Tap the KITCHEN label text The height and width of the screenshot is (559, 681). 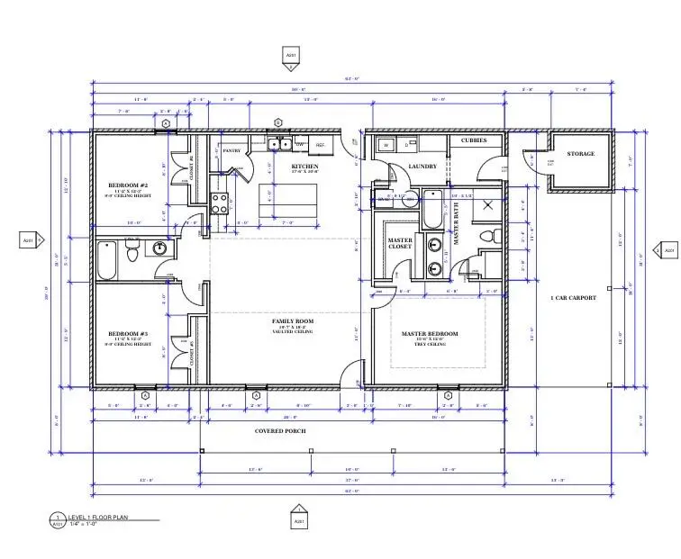304,167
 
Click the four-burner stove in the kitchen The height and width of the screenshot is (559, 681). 219,203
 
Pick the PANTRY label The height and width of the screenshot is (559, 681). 232,151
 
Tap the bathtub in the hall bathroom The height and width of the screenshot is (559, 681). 106,262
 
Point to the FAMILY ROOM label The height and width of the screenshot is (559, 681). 292,321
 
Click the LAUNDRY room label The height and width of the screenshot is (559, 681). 422,167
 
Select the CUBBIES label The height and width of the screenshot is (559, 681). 475,140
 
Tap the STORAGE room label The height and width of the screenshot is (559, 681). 581,154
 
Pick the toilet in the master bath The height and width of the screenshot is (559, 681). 489,236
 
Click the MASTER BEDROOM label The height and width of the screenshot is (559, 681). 429,334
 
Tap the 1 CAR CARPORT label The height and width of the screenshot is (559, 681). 573,298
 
